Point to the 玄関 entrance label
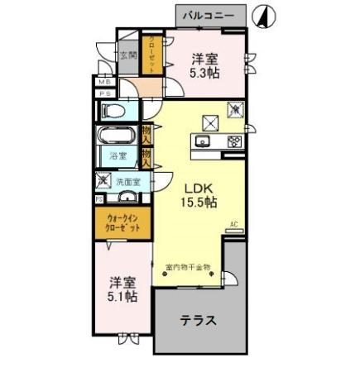coord(127,56)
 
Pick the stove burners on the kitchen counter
coord(233,141)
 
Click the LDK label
coord(199,185)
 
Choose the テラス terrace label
coord(199,322)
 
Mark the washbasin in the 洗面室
coord(127,197)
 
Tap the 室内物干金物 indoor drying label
coord(188,267)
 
